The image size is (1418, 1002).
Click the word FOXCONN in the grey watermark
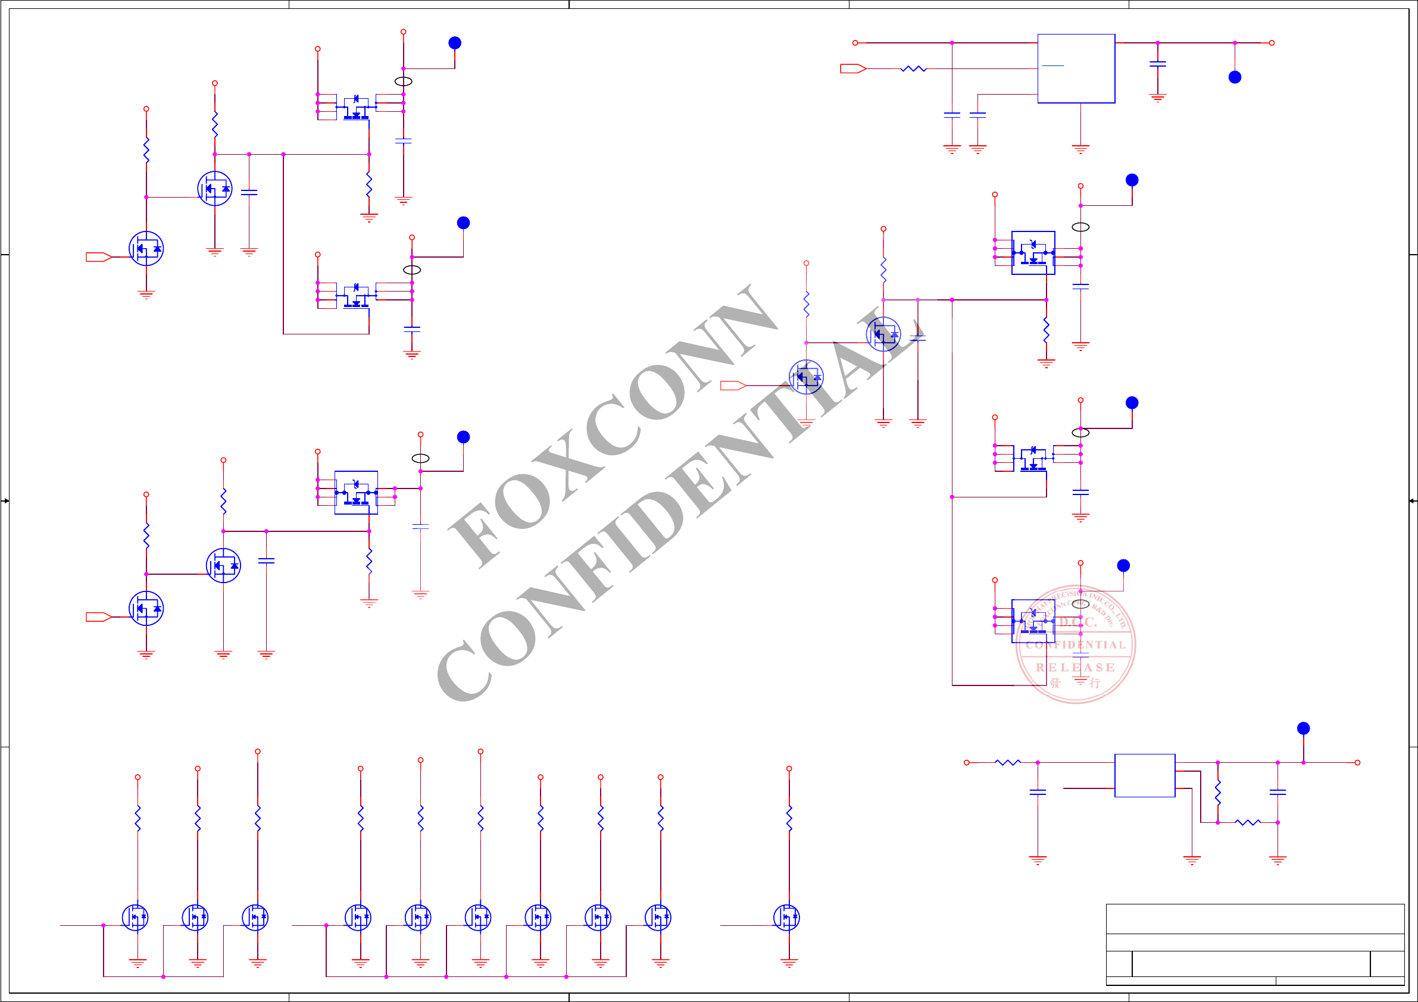click(611, 426)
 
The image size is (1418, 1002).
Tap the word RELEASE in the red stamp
click(1075, 668)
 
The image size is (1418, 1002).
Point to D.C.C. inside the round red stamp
click(1077, 622)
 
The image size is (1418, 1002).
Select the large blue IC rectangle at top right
click(1076, 68)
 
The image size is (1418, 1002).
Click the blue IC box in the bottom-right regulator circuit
click(1144, 775)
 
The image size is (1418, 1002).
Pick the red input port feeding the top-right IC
click(853, 68)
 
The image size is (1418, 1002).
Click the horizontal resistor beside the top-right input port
click(913, 68)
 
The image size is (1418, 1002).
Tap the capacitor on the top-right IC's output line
click(1157, 64)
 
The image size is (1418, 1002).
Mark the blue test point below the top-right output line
click(1235, 77)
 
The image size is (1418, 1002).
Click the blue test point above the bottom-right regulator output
click(1303, 728)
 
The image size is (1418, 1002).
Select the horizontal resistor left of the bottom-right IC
click(1007, 762)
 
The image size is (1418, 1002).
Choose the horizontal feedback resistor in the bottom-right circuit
click(1248, 822)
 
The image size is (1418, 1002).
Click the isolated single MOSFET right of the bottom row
click(786, 918)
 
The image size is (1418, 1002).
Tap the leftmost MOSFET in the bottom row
click(135, 918)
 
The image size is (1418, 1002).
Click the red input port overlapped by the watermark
click(733, 386)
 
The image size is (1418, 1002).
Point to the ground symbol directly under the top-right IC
click(1080, 149)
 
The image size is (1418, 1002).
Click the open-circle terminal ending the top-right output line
click(1272, 43)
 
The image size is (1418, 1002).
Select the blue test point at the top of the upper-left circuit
click(455, 43)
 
